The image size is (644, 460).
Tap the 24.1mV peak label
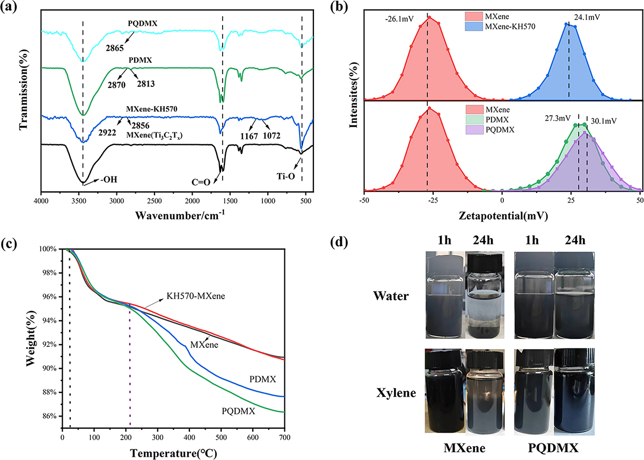coord(587,17)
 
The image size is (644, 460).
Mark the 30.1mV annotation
coord(605,121)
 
